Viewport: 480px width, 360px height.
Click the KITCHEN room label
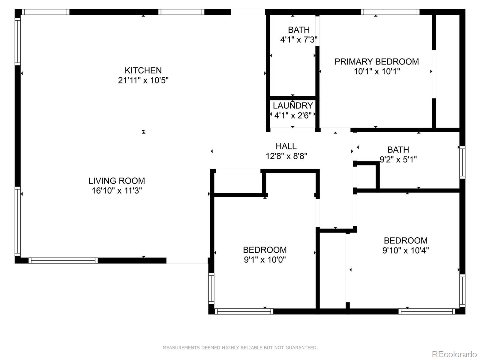[143, 70]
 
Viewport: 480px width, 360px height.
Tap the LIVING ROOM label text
[116, 181]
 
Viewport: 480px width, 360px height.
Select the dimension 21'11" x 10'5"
[143, 80]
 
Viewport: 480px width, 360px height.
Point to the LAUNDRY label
[293, 106]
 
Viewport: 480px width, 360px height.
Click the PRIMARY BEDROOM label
[376, 61]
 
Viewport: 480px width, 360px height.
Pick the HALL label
[286, 146]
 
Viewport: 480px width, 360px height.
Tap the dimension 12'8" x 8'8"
[286, 156]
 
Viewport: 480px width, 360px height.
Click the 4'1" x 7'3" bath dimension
[298, 40]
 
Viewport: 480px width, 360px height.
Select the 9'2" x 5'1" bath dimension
[398, 159]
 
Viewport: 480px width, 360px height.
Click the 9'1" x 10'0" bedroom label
[265, 259]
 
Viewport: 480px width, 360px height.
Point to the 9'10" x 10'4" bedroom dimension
[405, 250]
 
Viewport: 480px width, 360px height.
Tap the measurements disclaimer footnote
[240, 348]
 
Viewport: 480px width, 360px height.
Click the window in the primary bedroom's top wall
[390, 12]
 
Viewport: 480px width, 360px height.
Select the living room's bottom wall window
[63, 260]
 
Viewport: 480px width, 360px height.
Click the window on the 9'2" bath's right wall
[462, 162]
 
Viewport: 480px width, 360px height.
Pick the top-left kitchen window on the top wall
[45, 12]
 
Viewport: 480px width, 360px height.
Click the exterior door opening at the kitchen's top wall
[248, 12]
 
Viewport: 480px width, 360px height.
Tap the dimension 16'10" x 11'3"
[116, 190]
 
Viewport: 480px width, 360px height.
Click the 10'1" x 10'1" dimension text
[376, 71]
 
